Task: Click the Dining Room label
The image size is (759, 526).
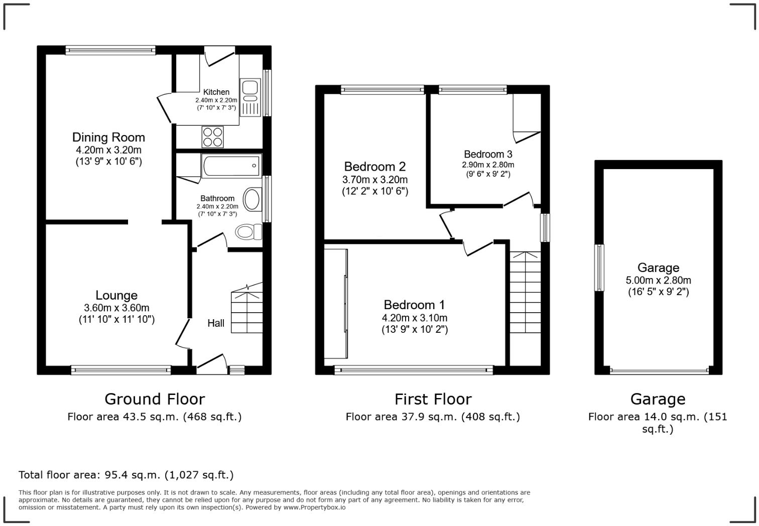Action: tap(108, 137)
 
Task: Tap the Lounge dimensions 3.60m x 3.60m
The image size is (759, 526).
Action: tap(116, 308)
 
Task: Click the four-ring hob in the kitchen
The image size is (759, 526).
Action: tap(212, 137)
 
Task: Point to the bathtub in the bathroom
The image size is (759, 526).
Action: tap(231, 166)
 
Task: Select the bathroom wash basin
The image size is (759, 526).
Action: tap(252, 199)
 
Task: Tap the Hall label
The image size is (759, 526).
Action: tap(216, 323)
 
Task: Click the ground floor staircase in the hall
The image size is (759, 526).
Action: tap(247, 311)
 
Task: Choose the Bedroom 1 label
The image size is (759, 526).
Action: tap(414, 305)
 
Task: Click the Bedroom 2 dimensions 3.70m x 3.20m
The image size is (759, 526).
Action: tap(375, 179)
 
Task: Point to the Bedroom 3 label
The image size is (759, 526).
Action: tap(488, 154)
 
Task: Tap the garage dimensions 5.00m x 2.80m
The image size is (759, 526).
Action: tap(658, 280)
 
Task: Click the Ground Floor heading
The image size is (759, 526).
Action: tap(155, 399)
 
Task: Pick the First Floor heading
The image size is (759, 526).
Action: tap(433, 399)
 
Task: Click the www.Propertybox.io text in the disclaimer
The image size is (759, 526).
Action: tap(314, 507)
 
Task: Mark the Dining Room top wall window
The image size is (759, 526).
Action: tap(110, 50)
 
